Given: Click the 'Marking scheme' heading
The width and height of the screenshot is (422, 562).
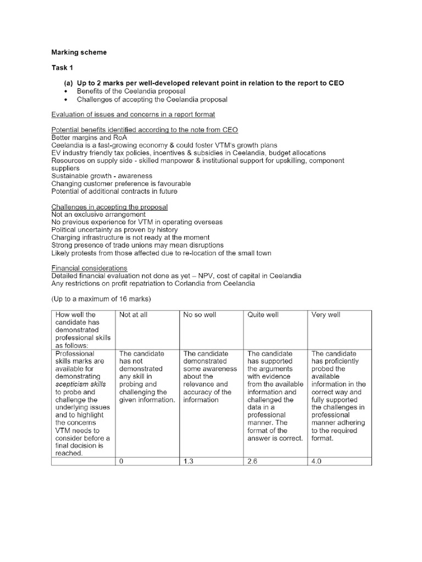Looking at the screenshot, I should pyautogui.click(x=79, y=53).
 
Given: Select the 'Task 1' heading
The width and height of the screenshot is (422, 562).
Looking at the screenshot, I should pyautogui.click(x=62, y=68).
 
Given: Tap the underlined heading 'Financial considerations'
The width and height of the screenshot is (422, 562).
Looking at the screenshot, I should pyautogui.click(x=89, y=268).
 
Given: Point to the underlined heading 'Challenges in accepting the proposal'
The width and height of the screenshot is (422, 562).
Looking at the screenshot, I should pyautogui.click(x=109, y=206).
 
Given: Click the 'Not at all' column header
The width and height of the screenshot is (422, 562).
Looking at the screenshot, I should pyautogui.click(x=133, y=315).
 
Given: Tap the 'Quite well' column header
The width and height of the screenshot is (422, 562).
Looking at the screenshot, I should pyautogui.click(x=263, y=315).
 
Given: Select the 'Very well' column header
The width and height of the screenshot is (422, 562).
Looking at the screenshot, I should pyautogui.click(x=326, y=315).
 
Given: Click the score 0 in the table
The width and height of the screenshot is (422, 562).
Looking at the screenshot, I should pyautogui.click(x=121, y=462).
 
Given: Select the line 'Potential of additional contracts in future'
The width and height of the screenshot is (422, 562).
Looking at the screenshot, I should pyautogui.click(x=114, y=191).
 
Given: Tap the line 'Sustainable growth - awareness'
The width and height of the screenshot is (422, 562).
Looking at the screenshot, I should pyautogui.click(x=94, y=176).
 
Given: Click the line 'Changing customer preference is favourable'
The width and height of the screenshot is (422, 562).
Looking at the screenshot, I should pyautogui.click(x=121, y=183).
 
